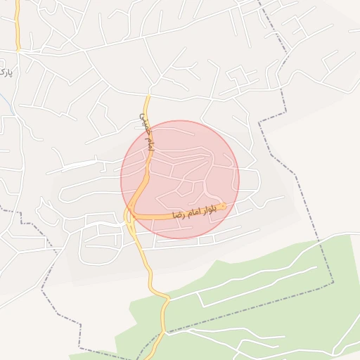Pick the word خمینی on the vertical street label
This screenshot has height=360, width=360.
tap(145, 122)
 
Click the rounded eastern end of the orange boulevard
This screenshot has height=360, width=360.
tap(223, 207)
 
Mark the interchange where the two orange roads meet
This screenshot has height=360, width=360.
tap(130, 215)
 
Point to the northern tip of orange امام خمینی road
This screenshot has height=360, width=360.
tap(148, 96)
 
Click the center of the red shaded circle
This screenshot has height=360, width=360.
tap(180, 179)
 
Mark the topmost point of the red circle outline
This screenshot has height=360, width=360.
tap(180, 120)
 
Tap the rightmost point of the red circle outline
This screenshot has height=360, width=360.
tap(239, 179)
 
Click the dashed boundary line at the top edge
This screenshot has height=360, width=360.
tap(260, 3)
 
